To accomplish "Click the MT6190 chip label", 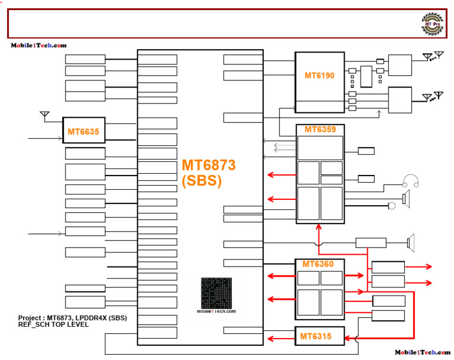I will coord(319,76).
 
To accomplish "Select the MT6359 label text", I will coord(319,129).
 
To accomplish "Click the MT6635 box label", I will coord(83,131).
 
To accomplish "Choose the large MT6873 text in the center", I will coord(209,166).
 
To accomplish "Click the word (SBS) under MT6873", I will coord(202,182).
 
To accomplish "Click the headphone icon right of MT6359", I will coord(410,181).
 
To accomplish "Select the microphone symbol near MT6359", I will coord(391,206).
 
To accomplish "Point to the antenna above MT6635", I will coord(44,114).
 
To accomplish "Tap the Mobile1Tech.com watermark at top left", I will coord(38,46).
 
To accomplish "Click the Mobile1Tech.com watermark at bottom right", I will coord(422,352).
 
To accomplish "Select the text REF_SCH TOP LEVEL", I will coord(53,325).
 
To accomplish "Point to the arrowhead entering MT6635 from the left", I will coord(59,139).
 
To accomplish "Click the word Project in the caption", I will coord(30,318).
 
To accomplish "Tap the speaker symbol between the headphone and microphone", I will coord(406,197).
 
